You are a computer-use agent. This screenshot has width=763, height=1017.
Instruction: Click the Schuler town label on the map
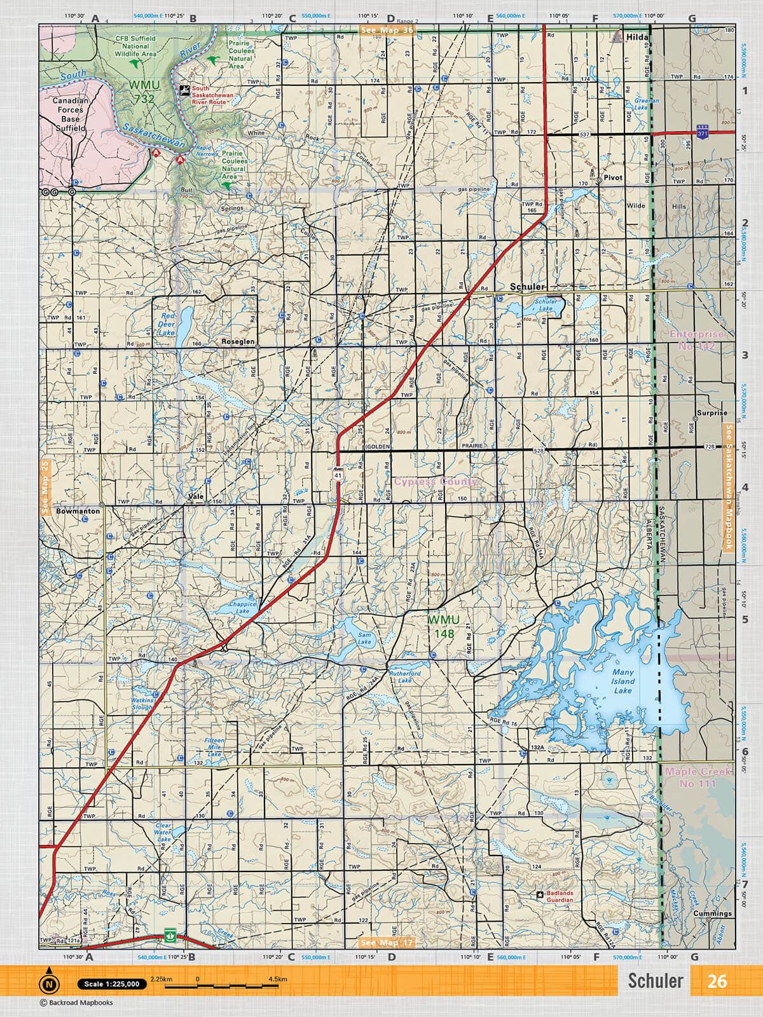point(527,287)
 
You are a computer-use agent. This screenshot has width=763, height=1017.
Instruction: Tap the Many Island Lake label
point(622,681)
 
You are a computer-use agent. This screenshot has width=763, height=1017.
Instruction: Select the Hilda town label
point(636,38)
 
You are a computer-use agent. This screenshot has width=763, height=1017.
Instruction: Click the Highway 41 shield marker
point(338,474)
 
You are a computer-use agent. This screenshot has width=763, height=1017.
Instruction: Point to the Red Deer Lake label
point(167,324)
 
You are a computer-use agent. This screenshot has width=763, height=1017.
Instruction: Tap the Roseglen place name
point(238,341)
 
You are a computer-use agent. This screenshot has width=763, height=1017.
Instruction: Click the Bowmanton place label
point(78,510)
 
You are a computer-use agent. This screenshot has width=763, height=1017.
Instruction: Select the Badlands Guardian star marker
point(540,894)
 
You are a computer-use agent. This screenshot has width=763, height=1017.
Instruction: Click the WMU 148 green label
point(443,626)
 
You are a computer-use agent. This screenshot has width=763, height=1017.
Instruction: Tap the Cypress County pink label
point(436,481)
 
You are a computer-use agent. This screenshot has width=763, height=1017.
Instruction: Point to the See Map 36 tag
point(387,30)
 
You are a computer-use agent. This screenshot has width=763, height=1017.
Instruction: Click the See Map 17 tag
point(387,942)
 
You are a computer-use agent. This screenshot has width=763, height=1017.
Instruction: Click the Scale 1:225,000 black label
point(112,984)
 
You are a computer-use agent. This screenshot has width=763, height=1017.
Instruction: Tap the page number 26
point(717,981)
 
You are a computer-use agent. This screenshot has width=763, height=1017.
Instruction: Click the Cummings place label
point(712,913)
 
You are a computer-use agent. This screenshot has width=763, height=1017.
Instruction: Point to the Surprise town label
point(711,413)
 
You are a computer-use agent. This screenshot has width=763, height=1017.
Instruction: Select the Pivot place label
point(613,177)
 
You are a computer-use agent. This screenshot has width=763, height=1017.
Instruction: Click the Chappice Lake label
point(242,608)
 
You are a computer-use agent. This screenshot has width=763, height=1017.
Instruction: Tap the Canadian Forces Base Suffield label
point(70,114)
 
